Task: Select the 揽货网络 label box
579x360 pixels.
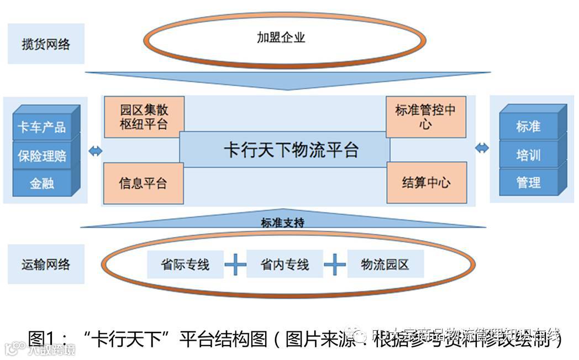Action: tap(46, 44)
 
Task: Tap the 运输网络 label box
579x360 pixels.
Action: tap(46, 264)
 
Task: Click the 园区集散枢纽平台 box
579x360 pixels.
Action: tap(144, 116)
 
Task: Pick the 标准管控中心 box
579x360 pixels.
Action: tap(425, 116)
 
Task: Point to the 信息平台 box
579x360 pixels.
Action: tap(143, 183)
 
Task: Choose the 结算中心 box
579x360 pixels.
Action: tap(426, 183)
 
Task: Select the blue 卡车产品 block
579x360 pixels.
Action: tap(42, 128)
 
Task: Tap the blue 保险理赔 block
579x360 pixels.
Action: tap(42, 156)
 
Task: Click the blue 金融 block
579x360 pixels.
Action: tap(42, 183)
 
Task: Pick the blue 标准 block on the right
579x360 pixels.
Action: tap(528, 126)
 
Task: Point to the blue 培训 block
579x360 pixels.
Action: tap(528, 155)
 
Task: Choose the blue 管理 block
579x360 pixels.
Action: tap(528, 182)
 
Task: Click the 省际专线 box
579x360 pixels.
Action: tap(185, 264)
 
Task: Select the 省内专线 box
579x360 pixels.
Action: tap(285, 264)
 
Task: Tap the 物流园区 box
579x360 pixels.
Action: tap(385, 264)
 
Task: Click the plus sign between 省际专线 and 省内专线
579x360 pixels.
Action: tap(235, 265)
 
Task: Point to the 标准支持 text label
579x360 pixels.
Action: tap(282, 222)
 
